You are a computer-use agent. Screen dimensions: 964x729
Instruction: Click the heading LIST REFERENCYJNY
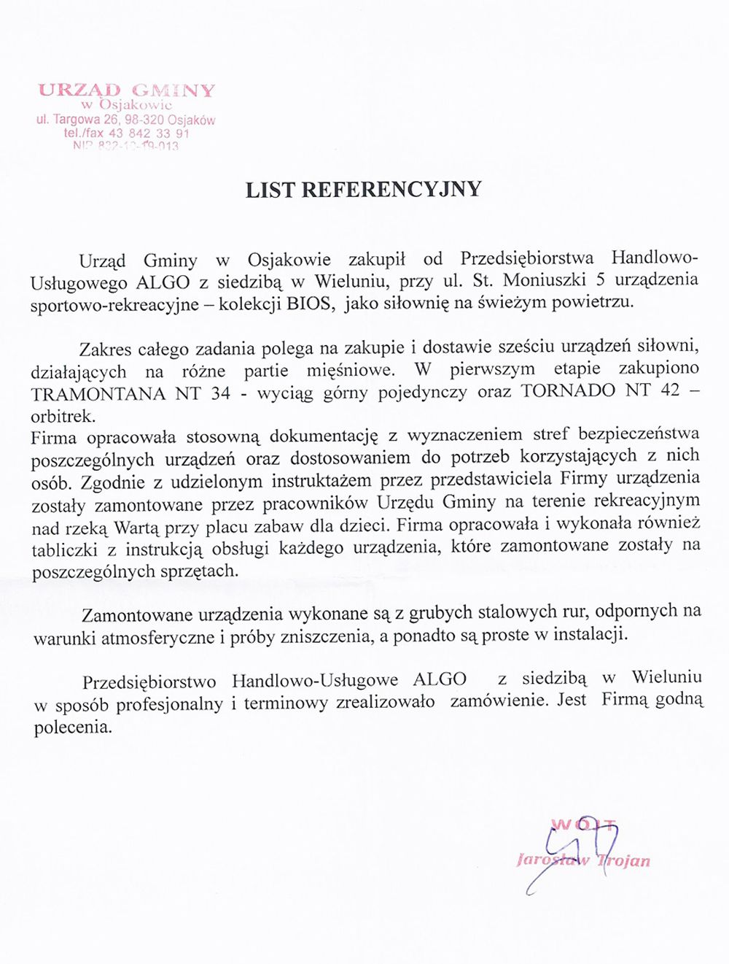[x=363, y=190]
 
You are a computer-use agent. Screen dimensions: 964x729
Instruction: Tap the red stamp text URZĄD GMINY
[x=126, y=90]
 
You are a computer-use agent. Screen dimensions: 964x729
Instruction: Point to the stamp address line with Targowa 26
[x=126, y=120]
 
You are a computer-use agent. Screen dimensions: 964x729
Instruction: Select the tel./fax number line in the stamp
[x=126, y=134]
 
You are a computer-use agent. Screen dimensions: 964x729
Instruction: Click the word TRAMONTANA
[x=98, y=393]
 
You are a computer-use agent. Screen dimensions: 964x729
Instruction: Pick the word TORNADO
[x=568, y=390]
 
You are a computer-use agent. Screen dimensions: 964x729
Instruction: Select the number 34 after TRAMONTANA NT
[x=219, y=393]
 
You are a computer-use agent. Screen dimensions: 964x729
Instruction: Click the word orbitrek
[x=62, y=417]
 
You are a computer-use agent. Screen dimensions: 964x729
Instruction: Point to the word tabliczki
[x=67, y=550]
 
